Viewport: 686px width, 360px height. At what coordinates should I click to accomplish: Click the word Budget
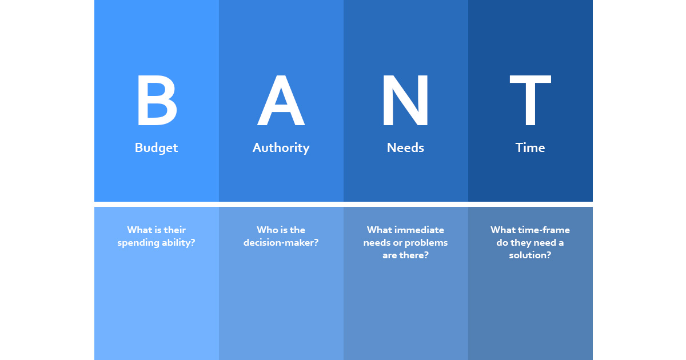[156, 147]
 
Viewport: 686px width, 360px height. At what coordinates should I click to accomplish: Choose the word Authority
[281, 147]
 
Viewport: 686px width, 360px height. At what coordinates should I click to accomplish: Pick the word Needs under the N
[405, 147]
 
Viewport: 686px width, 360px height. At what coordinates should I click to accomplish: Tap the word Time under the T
[530, 147]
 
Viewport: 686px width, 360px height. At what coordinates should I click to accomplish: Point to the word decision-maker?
[281, 243]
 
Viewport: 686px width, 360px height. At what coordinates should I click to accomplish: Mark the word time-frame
[544, 230]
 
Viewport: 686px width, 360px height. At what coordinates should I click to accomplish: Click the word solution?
[530, 255]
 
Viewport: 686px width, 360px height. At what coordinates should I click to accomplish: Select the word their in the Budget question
[174, 230]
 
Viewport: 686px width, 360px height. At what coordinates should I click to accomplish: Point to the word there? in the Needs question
[414, 255]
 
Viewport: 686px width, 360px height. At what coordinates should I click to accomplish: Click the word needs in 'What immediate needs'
[376, 243]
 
